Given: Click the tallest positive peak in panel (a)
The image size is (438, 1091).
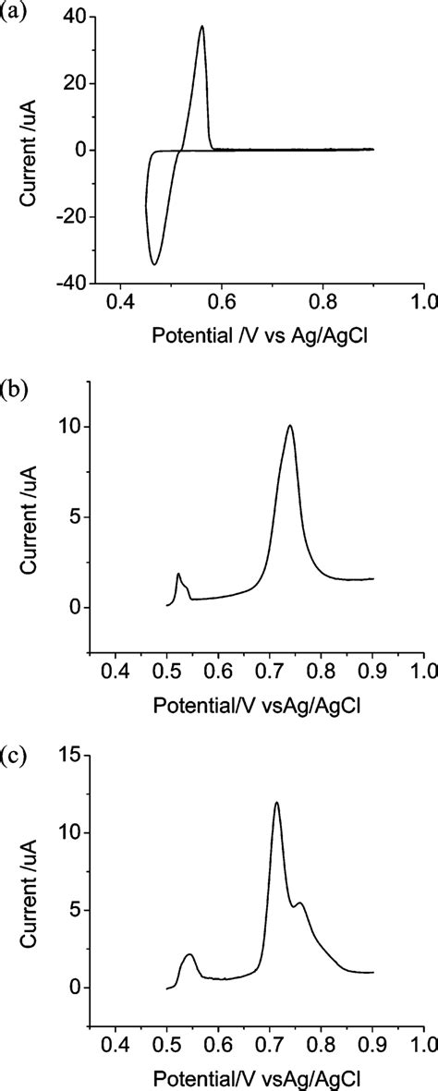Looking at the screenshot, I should coord(201,27).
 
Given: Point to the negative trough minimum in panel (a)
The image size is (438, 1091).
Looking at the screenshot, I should coord(154,264).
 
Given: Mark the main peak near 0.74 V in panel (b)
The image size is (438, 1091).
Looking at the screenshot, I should coord(290,426).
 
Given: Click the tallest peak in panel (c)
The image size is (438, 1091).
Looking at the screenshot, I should coord(276,803).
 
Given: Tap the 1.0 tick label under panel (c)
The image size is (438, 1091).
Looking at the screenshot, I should coord(423,1045).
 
